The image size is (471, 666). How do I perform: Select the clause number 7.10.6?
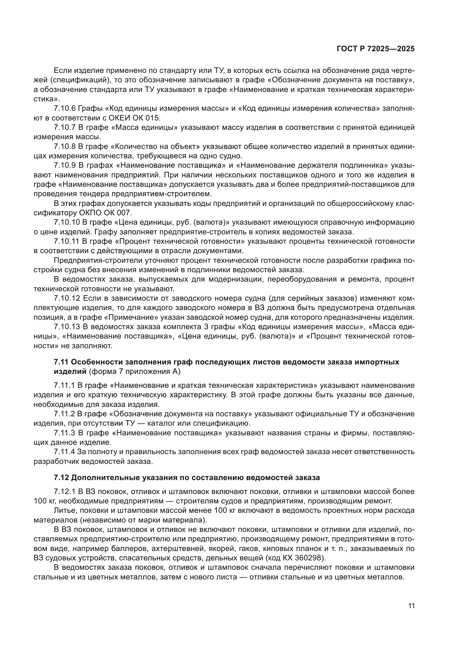(64, 108)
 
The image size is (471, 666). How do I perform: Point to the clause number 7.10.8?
(64, 146)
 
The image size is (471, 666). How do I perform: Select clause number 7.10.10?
(66, 222)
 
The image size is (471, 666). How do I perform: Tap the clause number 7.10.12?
(66, 298)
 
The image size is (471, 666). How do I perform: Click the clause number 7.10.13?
(66, 327)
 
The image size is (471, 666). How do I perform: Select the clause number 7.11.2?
(64, 414)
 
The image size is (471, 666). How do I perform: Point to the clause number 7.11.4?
(64, 452)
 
